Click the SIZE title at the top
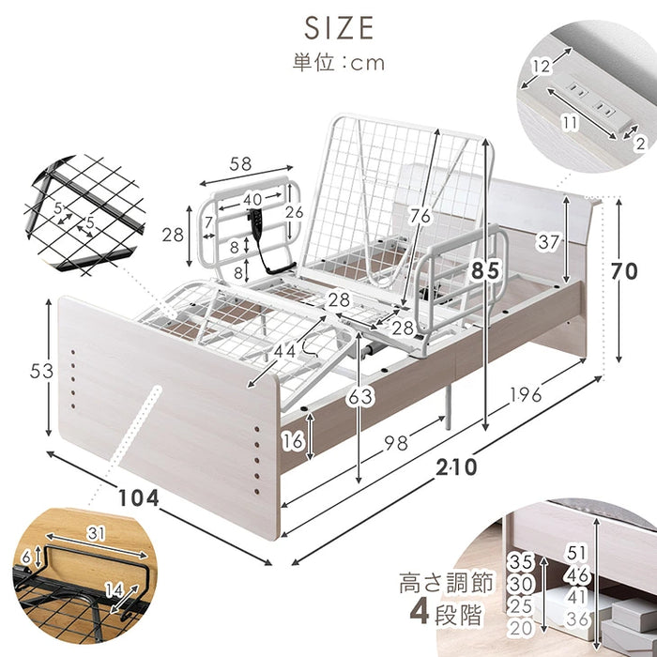(x=339, y=28)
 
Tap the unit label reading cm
(x=368, y=64)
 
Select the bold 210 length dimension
(x=456, y=466)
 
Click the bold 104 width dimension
(x=139, y=498)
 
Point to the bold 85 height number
(x=485, y=270)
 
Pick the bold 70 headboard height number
(x=624, y=271)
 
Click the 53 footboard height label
(x=41, y=371)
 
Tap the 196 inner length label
(x=526, y=394)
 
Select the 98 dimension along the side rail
(x=396, y=442)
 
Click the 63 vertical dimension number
(x=359, y=396)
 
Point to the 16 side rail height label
(x=292, y=441)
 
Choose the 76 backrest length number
(x=420, y=216)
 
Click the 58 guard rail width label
(x=240, y=164)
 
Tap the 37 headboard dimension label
(x=548, y=242)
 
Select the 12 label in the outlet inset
(x=541, y=66)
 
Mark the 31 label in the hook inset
(x=96, y=533)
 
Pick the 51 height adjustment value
(x=576, y=553)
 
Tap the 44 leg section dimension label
(x=285, y=351)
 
